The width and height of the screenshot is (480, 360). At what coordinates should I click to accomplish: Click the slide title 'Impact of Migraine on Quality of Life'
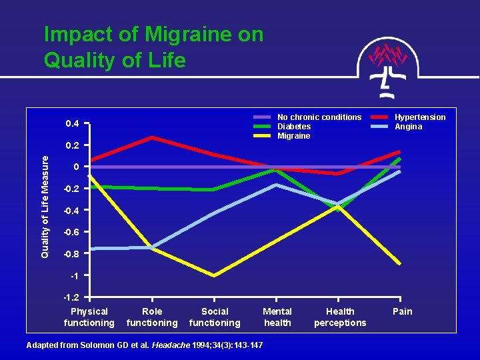pyautogui.click(x=153, y=47)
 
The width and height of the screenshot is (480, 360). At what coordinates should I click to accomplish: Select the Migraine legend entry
pyautogui.click(x=293, y=136)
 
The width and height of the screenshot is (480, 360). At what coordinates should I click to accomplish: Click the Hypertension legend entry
pyautogui.click(x=419, y=117)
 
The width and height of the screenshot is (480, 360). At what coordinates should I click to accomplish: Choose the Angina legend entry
pyautogui.click(x=408, y=127)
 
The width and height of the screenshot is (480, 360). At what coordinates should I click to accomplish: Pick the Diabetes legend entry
pyautogui.click(x=293, y=127)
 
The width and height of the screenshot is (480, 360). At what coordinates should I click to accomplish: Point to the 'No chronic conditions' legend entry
pyautogui.click(x=319, y=117)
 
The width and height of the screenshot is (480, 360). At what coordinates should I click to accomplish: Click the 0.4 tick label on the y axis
pyautogui.click(x=72, y=124)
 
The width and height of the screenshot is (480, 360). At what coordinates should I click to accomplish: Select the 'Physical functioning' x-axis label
pyautogui.click(x=89, y=317)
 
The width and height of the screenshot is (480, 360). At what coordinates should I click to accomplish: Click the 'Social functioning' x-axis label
pyautogui.click(x=215, y=317)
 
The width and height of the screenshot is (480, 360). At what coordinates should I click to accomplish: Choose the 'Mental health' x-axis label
pyautogui.click(x=277, y=317)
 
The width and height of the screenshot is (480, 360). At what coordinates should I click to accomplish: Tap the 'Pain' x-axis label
pyautogui.click(x=403, y=311)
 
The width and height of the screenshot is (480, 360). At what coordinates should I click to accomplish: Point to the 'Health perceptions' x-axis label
pyautogui.click(x=340, y=317)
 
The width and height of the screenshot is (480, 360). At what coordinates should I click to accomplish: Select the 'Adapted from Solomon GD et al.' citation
pyautogui.click(x=144, y=345)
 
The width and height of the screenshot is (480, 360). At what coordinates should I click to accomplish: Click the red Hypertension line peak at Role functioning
pyautogui.click(x=152, y=137)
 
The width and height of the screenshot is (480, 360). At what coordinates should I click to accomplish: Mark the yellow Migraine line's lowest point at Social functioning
pyautogui.click(x=214, y=275)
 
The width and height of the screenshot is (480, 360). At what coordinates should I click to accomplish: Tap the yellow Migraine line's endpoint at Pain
pyautogui.click(x=400, y=263)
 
